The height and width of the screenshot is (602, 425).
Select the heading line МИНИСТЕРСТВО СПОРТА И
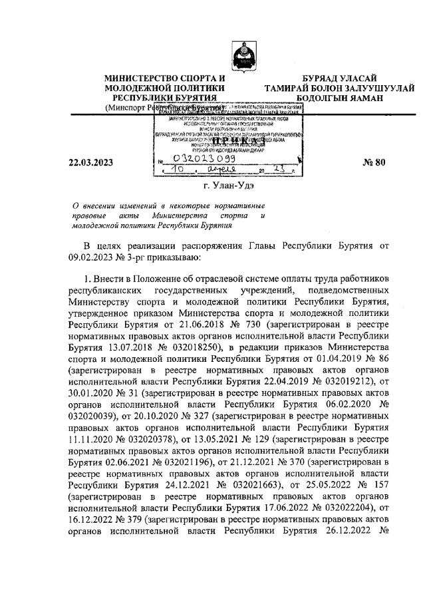[164, 79]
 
